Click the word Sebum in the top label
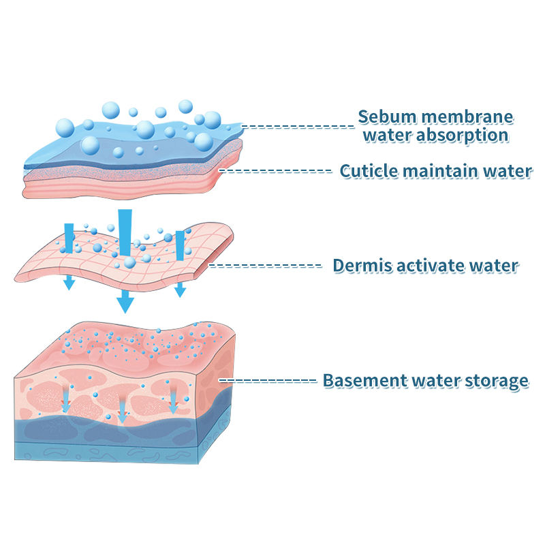[387, 116]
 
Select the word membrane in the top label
[465, 116]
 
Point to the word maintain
[443, 170]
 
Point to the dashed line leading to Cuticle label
[276, 170]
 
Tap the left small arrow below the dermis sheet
[69, 283]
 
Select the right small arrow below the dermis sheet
[180, 289]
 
